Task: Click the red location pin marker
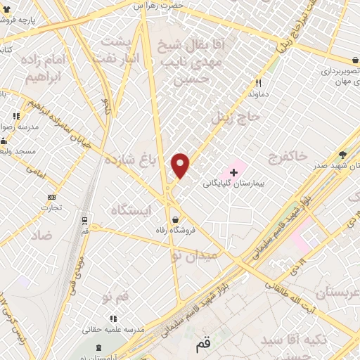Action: point(181,165)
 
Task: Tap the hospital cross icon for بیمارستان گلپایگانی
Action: point(234,171)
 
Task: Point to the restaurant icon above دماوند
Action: point(259,82)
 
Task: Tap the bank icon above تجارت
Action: point(51,197)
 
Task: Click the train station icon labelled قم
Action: point(84,219)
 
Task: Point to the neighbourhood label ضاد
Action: point(41,235)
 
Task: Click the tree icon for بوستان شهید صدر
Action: point(343,155)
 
